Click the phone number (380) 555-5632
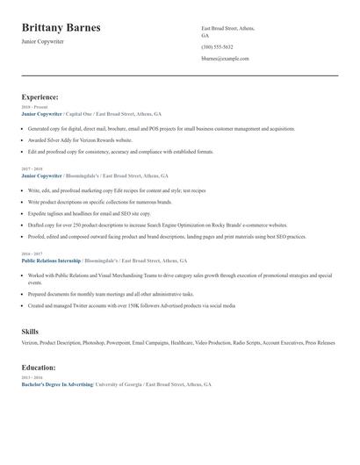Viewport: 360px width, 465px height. tap(217, 46)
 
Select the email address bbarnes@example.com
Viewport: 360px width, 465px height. tap(225, 58)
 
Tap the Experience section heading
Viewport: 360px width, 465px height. tap(40, 97)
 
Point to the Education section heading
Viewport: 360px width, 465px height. tap(39, 368)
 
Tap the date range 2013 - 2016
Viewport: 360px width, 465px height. tap(30, 377)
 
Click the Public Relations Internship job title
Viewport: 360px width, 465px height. tap(51, 261)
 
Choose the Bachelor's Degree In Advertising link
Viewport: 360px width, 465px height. tap(56, 384)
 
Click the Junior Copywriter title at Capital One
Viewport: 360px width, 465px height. tap(41, 114)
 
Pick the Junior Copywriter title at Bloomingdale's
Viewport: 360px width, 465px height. tap(41, 175)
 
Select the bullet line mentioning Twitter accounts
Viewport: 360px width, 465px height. tap(132, 306)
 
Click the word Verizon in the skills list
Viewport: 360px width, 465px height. tap(30, 343)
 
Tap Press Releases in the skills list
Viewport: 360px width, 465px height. tap(320, 343)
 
